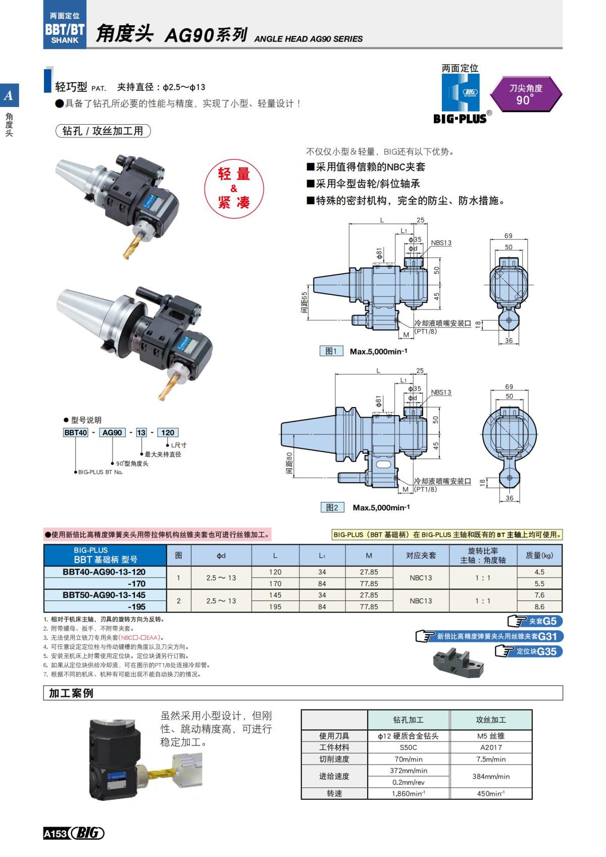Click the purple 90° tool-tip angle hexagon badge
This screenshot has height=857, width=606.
(526, 94)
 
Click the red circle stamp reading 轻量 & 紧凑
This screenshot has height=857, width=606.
(234, 188)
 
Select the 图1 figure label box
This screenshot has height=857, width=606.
(331, 351)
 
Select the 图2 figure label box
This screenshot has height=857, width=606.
(332, 507)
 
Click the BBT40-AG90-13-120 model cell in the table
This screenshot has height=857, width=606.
(105, 572)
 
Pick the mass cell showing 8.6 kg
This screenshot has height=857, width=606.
(539, 607)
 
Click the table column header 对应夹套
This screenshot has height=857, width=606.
(421, 555)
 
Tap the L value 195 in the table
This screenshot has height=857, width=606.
(275, 607)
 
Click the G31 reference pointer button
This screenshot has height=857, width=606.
(489, 636)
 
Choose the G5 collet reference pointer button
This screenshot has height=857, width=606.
(534, 621)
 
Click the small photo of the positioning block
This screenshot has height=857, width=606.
(458, 662)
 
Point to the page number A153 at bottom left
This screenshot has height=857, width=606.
(55, 833)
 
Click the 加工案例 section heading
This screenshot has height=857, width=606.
(71, 693)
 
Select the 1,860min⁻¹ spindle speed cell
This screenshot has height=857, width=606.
(408, 793)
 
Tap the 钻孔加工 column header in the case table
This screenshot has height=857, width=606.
(408, 720)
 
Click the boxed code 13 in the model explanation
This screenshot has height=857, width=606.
(141, 432)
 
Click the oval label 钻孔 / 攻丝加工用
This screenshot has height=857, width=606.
(103, 131)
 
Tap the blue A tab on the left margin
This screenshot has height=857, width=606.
(9, 95)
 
